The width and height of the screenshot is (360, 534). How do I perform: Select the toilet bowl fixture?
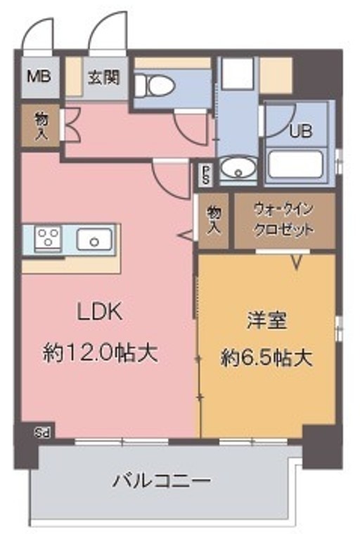click(155, 85)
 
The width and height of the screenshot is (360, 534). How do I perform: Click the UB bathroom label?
click(301, 131)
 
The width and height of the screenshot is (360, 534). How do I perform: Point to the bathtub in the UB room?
click(295, 163)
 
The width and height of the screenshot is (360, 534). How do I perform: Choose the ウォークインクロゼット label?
click(283, 221)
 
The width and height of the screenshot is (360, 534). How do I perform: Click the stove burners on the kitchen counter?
click(49, 239)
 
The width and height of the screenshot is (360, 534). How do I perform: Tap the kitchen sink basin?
click(94, 240)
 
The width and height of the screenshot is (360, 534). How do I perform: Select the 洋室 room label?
click(265, 320)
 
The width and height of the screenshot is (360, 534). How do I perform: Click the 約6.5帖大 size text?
click(265, 358)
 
